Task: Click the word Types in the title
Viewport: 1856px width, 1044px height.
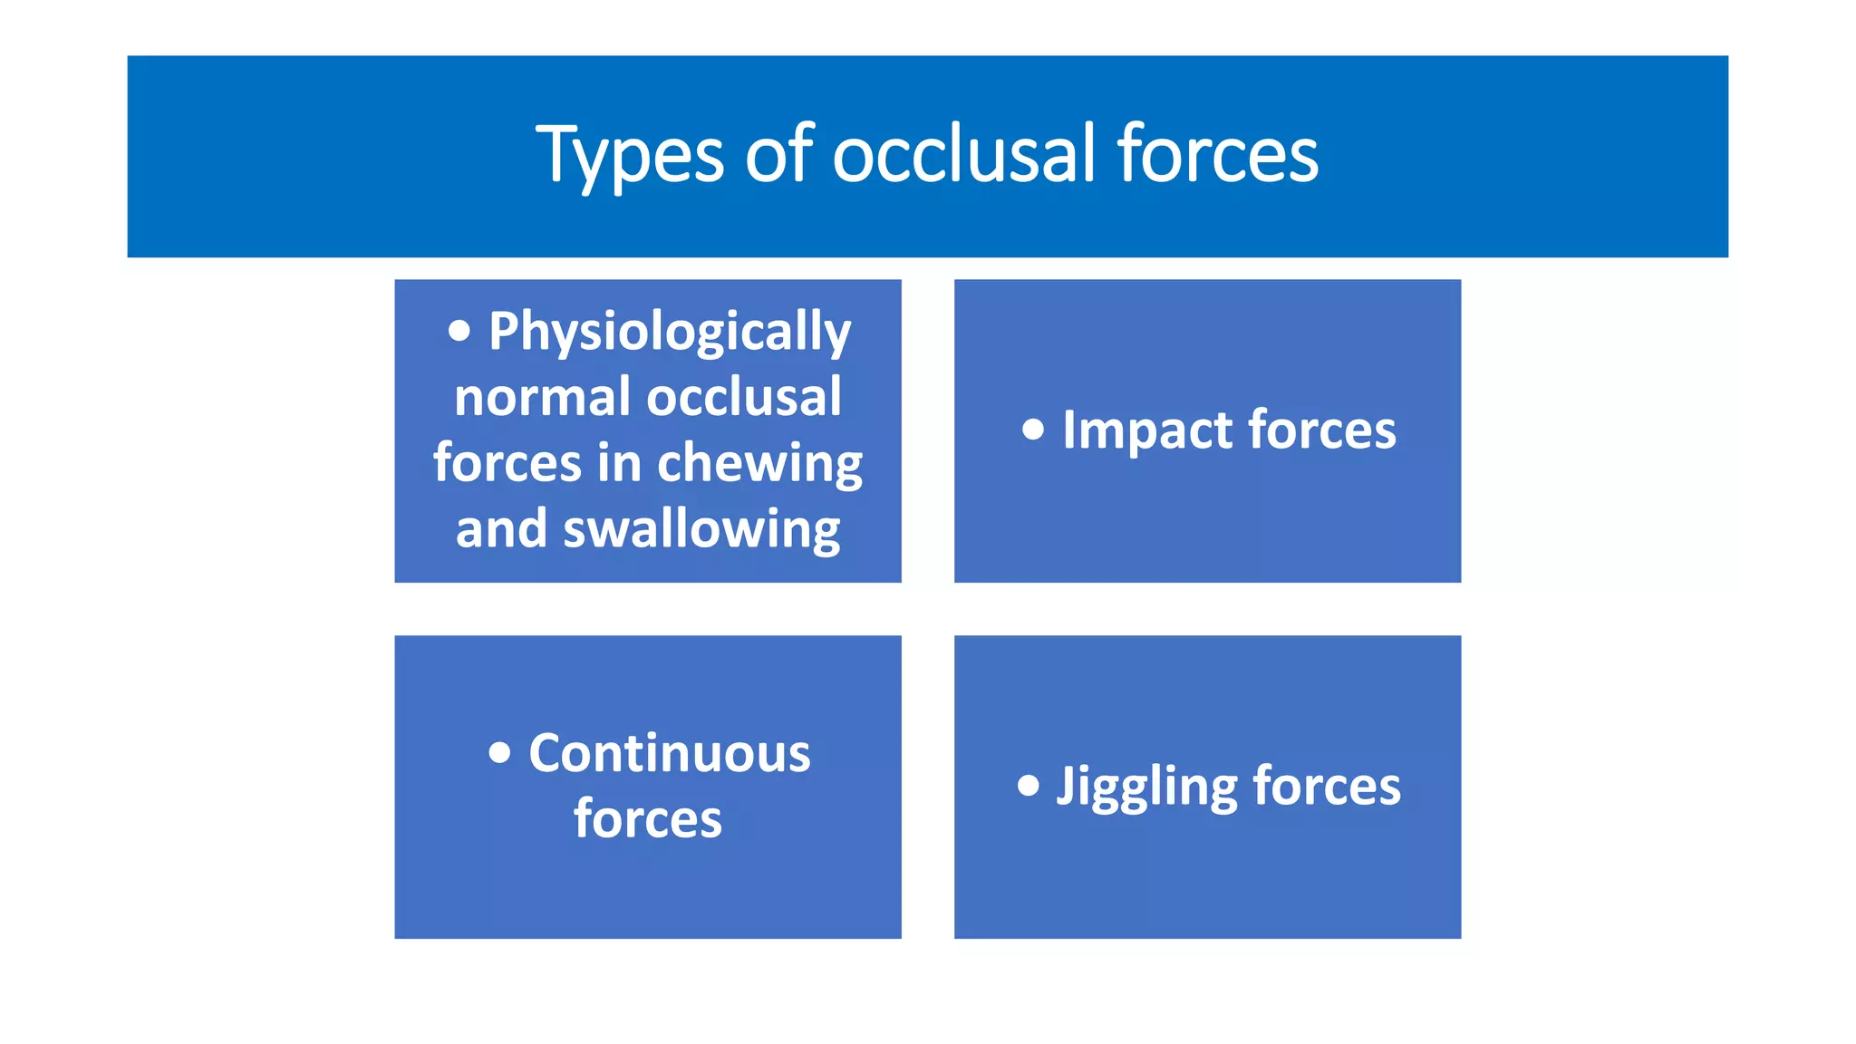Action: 630,156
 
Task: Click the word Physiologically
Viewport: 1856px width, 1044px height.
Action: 670,333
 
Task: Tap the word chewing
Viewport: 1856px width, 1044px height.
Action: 759,464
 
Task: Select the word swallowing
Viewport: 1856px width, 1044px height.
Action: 701,529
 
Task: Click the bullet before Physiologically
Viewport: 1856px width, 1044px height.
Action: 459,331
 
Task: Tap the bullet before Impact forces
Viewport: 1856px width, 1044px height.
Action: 1032,430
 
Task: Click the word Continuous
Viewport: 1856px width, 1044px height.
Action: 670,753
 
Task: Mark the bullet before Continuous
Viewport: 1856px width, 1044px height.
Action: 499,752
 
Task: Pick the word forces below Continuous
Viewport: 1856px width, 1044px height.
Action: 648,819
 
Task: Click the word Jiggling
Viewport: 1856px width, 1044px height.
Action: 1146,787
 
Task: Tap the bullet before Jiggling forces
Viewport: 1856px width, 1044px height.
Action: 1028,785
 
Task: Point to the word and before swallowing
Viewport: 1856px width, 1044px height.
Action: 501,529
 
